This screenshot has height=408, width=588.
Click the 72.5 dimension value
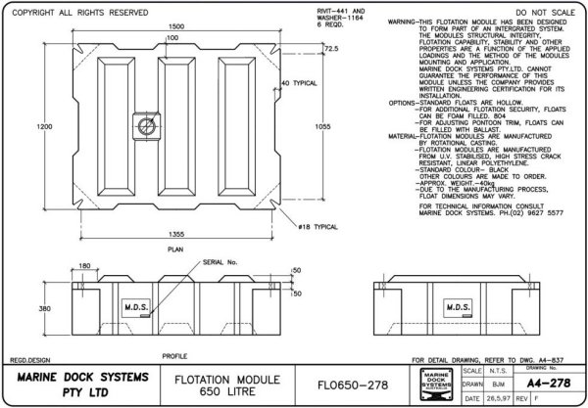[x=305, y=48]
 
